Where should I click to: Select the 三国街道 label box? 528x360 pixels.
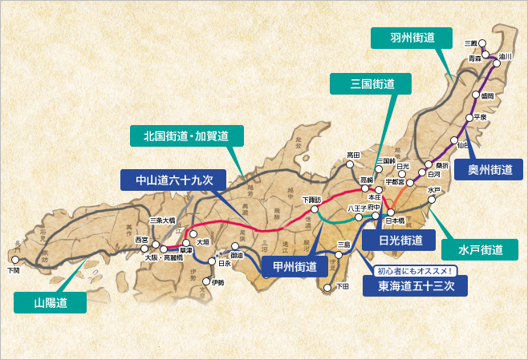tap(372, 83)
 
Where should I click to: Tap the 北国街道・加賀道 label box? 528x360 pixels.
tap(186, 136)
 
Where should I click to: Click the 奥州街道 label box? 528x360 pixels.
tap(489, 169)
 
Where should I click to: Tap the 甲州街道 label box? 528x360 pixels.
tap(294, 266)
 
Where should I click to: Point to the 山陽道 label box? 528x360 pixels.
tap(49, 301)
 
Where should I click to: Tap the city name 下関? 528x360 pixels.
tap(12, 271)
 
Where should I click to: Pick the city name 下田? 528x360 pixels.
tap(342, 286)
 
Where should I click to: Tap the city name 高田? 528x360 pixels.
tap(354, 154)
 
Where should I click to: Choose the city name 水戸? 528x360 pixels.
tap(434, 190)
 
